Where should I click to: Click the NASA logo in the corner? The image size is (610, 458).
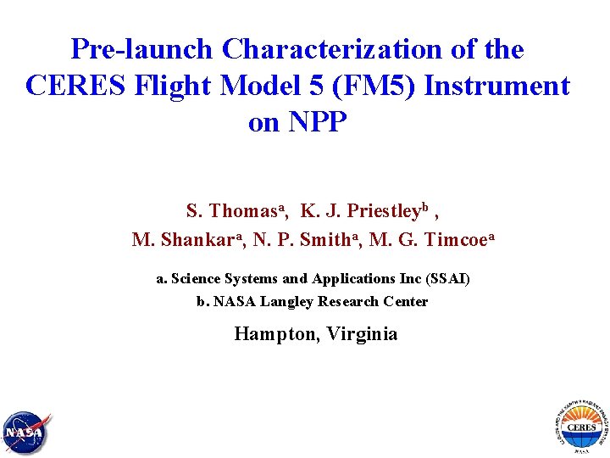[x=25, y=433]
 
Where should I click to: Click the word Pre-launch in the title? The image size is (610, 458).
[x=142, y=49]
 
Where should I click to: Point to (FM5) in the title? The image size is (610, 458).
[x=361, y=86]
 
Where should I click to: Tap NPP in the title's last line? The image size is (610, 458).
[x=319, y=122]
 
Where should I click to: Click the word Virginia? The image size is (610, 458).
[x=359, y=333]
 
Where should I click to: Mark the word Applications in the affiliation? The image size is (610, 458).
[x=353, y=278]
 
